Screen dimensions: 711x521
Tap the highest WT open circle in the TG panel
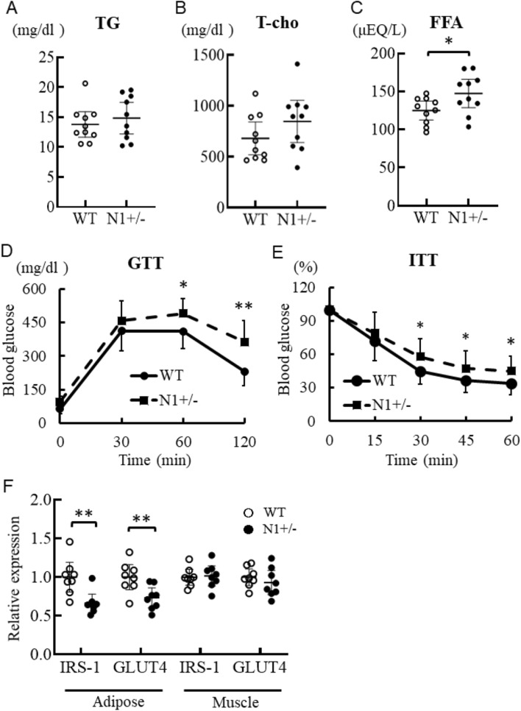[85, 84]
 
